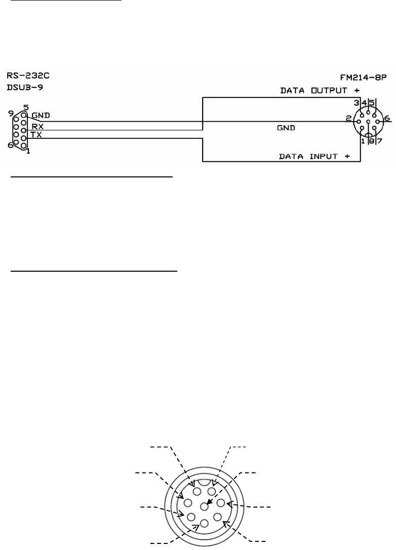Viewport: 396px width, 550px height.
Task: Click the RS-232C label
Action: pos(28,76)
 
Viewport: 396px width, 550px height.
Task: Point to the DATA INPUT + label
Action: pos(314,157)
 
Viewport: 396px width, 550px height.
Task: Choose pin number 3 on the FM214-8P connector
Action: pos(357,103)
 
